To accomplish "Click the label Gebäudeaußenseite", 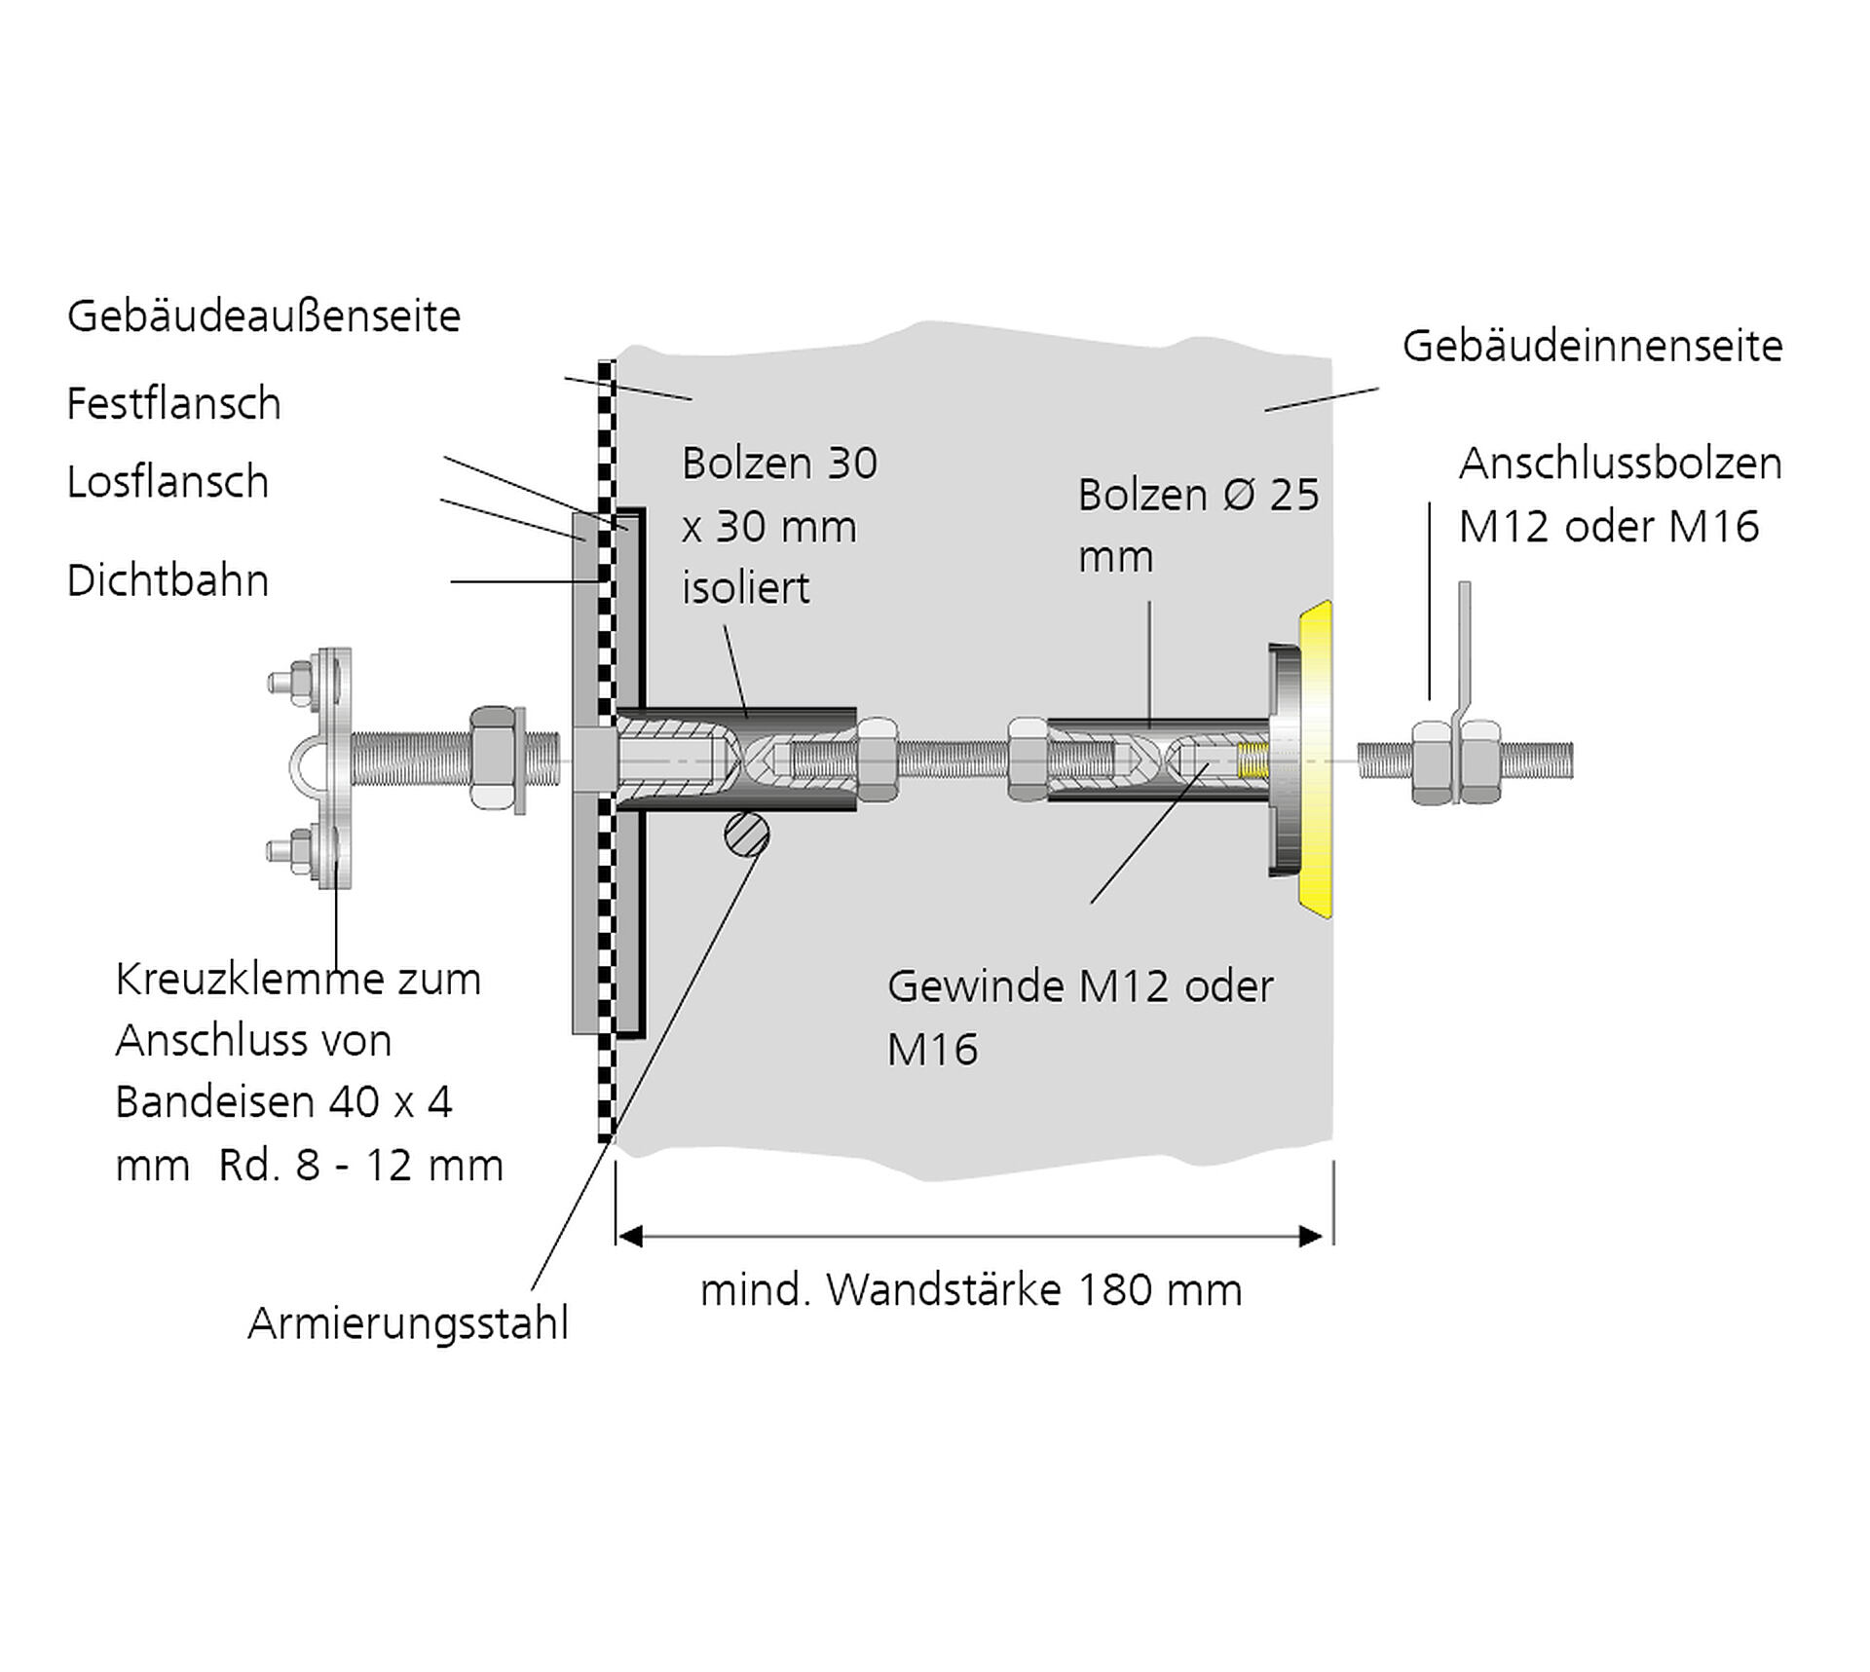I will [x=263, y=316].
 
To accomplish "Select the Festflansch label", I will [x=173, y=404].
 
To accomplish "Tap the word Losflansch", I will [x=168, y=482].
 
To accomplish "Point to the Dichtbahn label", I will [x=168, y=581].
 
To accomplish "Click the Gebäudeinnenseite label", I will [x=1591, y=347].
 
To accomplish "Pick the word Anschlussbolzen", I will [x=1620, y=464].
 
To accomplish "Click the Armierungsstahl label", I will [x=407, y=1324].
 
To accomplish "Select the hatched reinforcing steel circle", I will [x=747, y=835].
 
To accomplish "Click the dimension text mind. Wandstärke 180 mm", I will [x=971, y=1290].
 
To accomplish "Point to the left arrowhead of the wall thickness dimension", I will [x=630, y=1237].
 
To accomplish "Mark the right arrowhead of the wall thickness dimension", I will [x=1312, y=1237].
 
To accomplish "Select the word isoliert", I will [x=745, y=589].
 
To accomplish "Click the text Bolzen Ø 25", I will [x=1198, y=496].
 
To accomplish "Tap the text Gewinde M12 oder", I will [x=1079, y=987].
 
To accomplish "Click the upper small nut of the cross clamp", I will [x=300, y=679].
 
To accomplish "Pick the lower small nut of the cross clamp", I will [x=300, y=847].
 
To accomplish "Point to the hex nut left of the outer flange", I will [x=494, y=758].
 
